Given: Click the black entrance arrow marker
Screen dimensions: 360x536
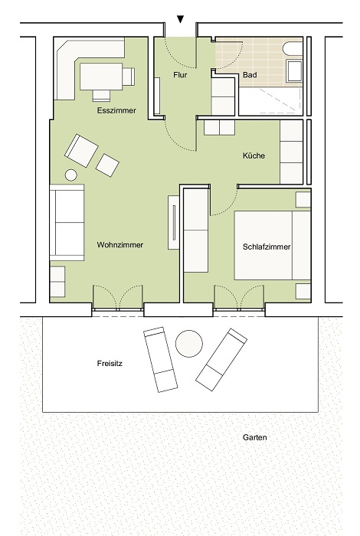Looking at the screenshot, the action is point(180,19).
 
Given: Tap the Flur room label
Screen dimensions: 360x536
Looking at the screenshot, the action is point(180,75).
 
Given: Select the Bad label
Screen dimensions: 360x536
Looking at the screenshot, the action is point(250,75).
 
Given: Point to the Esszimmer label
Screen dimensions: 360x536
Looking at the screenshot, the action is point(116,110).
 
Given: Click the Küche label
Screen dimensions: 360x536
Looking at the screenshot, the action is point(254,155).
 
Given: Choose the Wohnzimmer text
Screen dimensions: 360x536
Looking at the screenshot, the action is point(120,245).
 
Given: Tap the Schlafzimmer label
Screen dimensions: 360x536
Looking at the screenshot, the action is point(267,247).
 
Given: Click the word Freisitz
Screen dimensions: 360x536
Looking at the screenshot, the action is point(110,364).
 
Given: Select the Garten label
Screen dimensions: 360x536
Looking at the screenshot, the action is point(255,437).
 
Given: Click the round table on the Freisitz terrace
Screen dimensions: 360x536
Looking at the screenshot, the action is point(189,344).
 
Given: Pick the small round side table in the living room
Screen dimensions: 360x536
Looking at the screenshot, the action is point(71,175).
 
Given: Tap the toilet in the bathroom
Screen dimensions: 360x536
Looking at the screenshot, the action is point(293,48).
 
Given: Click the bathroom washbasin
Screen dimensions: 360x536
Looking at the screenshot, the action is point(294,71).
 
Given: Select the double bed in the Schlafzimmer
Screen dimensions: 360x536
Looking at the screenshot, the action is point(273,246).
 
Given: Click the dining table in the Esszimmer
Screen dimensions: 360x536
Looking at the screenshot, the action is point(101,77).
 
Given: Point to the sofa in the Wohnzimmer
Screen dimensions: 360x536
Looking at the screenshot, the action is point(67,223).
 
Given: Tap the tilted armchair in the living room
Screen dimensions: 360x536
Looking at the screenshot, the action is point(82,151).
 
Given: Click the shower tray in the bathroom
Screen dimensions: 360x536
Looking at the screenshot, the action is point(271,101).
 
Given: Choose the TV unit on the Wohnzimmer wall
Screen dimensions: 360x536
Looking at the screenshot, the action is point(174,222).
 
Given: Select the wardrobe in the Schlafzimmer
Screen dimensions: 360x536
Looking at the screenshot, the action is point(196,230).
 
